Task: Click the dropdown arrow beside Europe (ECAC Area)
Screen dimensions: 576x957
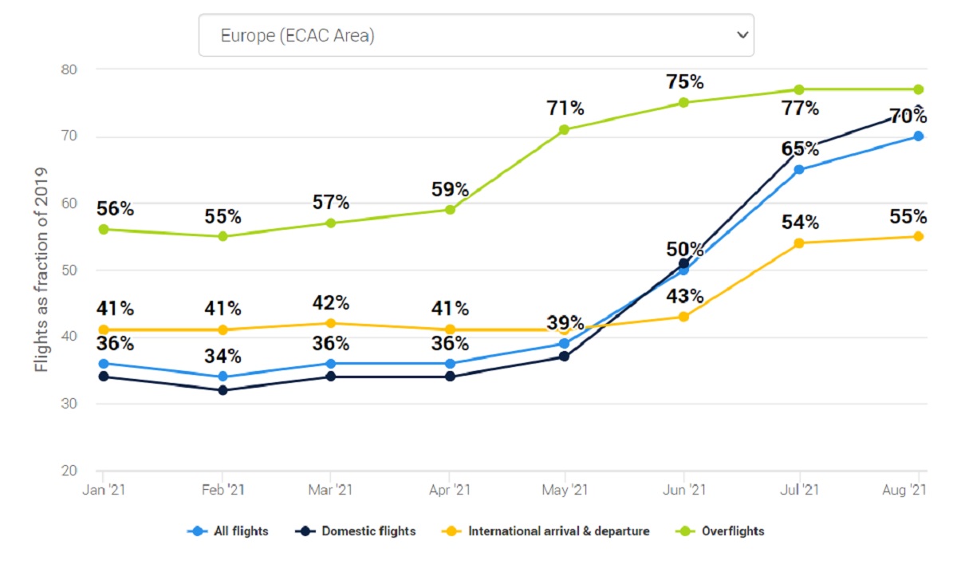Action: (x=742, y=35)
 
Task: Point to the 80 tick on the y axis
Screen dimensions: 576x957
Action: (x=69, y=69)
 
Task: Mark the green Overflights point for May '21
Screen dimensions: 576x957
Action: (x=564, y=129)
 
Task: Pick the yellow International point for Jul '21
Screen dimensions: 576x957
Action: (x=798, y=243)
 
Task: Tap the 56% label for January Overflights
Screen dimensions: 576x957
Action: (x=115, y=209)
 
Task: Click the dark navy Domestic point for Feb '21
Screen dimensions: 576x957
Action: (x=223, y=390)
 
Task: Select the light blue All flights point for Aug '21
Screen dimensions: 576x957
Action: (x=918, y=136)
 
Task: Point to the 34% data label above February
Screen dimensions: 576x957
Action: (x=223, y=356)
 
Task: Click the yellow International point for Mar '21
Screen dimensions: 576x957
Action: (x=331, y=323)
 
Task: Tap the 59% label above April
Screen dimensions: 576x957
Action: (x=451, y=190)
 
